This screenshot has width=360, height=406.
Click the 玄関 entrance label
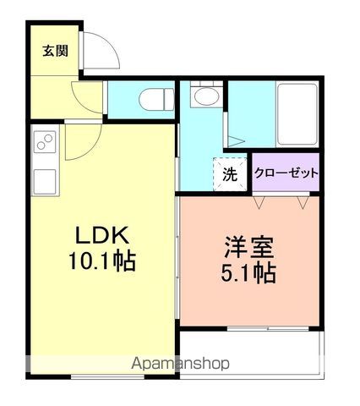pyautogui.click(x=55, y=51)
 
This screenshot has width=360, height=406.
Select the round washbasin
pyautogui.click(x=203, y=98)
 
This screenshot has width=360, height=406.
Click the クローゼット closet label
pyautogui.click(x=286, y=173)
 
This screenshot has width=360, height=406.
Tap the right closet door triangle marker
pyautogui.click(x=304, y=201)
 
